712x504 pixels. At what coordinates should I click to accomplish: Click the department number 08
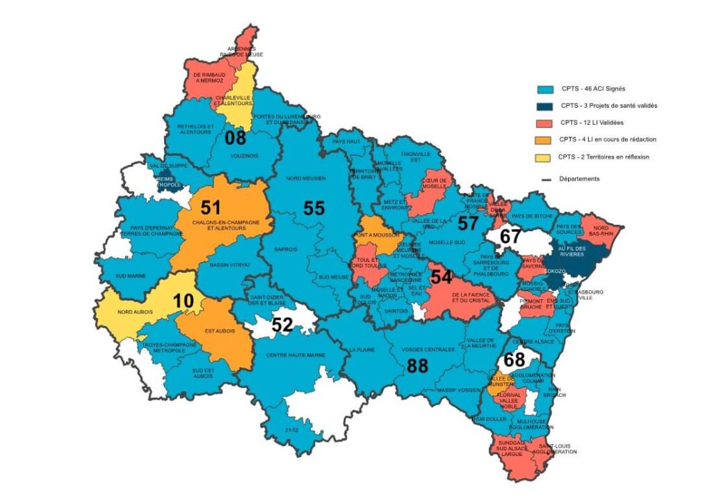[236, 137]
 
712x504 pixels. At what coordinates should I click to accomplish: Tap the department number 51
[210, 207]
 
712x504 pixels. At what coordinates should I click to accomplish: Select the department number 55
[314, 207]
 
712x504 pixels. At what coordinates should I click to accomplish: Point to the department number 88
[416, 367]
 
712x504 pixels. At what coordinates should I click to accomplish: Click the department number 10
[184, 301]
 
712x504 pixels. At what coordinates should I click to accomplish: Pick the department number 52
[282, 324]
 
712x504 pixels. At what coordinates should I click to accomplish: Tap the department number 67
[510, 237]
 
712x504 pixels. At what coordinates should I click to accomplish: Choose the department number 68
[514, 361]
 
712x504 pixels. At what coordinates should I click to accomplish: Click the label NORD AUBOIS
[134, 312]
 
